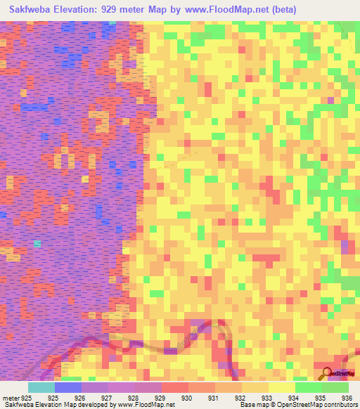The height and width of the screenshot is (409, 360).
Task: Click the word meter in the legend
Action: [10, 398]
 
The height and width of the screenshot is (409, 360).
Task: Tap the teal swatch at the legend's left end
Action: [41, 387]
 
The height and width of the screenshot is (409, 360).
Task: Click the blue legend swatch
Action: [67, 387]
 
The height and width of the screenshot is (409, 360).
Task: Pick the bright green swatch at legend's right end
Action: [335, 387]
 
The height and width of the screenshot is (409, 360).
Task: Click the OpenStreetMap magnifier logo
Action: [326, 372]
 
